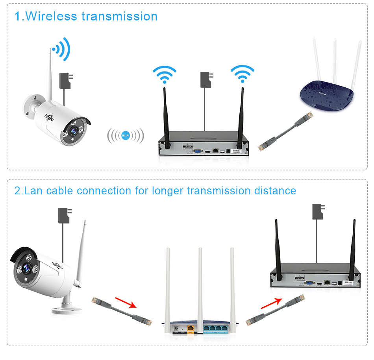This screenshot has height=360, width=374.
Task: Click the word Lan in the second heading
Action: [34, 191]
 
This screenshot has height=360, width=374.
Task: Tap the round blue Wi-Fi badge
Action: [126, 136]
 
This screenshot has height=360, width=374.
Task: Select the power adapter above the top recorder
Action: [206, 80]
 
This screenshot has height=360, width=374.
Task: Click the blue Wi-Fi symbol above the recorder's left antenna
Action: [165, 73]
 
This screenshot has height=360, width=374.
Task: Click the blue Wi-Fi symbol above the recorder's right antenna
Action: [243, 73]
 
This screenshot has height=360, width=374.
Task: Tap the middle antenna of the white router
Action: [200, 283]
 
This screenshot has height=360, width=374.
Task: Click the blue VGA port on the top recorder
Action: [197, 151]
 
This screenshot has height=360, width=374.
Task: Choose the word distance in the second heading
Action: [275, 191]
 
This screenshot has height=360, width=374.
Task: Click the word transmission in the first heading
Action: [119, 17]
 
